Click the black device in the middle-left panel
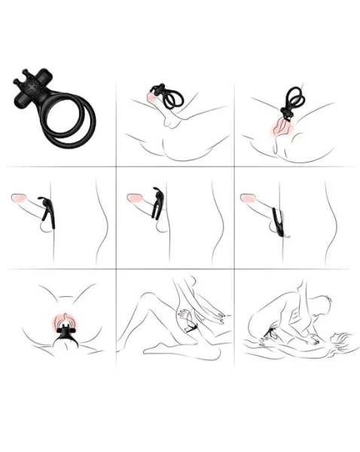point(48,209)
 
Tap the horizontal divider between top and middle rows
point(181,166)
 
